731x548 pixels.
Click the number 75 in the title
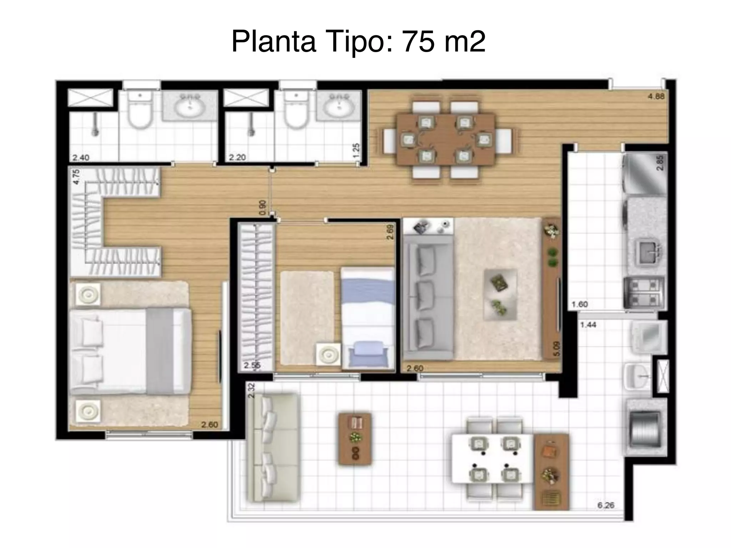[x=418, y=41]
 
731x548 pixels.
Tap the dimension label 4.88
[x=656, y=96]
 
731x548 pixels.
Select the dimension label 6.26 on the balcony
[x=606, y=506]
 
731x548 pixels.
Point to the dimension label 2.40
[x=81, y=157]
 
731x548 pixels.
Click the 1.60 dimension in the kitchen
[x=579, y=304]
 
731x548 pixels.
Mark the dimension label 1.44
[x=588, y=325]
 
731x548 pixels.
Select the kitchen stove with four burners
[x=645, y=293]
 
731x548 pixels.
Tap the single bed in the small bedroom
[x=368, y=318]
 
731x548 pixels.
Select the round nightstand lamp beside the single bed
[x=328, y=354]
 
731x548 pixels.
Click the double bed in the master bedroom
[x=130, y=352]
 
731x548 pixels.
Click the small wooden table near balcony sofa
[x=355, y=439]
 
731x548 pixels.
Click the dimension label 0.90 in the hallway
[x=262, y=208]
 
